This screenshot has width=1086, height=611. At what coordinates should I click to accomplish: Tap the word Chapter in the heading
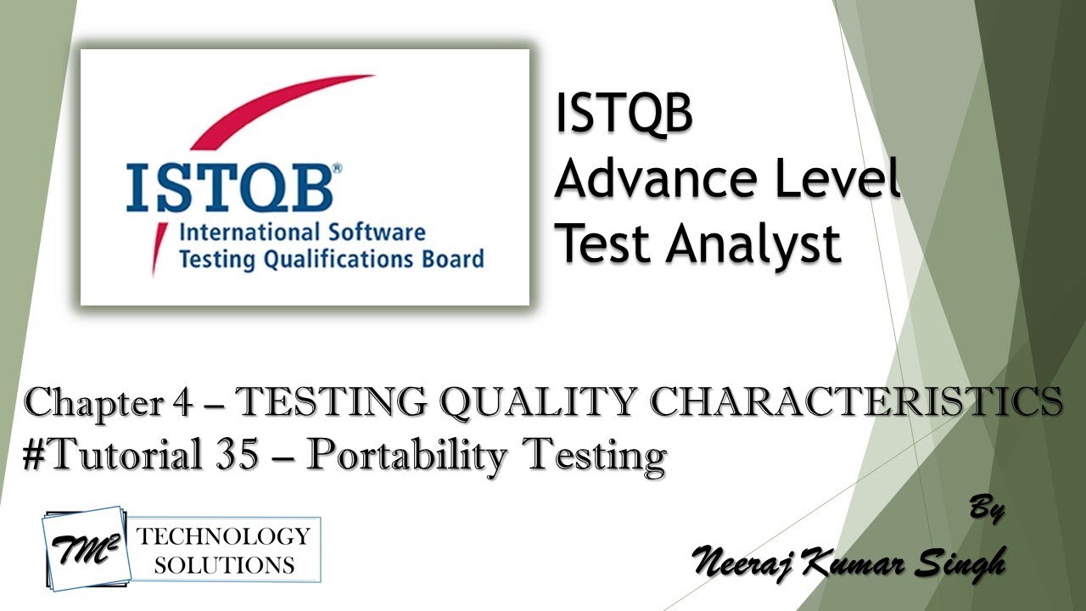pyautogui.click(x=87, y=402)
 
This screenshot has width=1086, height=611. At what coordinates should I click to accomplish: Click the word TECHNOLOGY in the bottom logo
pyautogui.click(x=224, y=536)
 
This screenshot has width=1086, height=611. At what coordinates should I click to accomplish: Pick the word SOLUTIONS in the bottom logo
pyautogui.click(x=224, y=563)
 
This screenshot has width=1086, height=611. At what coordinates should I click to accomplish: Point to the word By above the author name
pyautogui.click(x=986, y=510)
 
